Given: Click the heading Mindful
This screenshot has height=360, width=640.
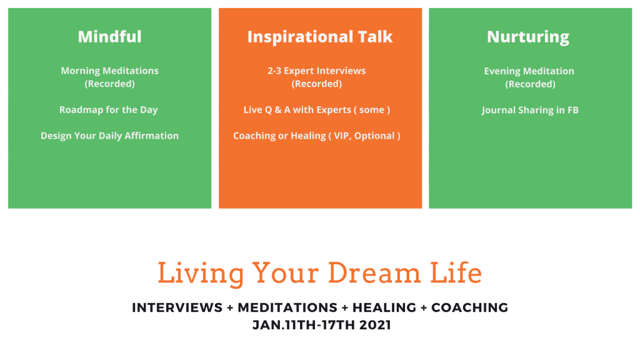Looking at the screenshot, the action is (x=110, y=37).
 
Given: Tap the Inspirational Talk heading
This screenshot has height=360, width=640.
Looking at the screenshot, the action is (x=320, y=37).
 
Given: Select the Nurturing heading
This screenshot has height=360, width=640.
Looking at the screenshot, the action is (x=528, y=37).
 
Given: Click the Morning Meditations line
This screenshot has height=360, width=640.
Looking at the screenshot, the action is (x=110, y=71).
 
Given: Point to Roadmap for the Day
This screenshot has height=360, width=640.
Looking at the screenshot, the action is (x=109, y=110).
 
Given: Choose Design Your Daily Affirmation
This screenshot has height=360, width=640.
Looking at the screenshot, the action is (x=110, y=136).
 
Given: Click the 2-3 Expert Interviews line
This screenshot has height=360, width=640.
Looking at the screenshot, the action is (x=317, y=71).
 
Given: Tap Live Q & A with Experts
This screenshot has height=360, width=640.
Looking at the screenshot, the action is (x=297, y=110).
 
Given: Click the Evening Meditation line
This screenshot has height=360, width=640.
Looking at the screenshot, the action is (x=529, y=71).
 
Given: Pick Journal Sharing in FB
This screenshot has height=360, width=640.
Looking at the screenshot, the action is (x=530, y=110).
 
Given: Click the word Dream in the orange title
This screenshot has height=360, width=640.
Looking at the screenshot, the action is (x=374, y=273).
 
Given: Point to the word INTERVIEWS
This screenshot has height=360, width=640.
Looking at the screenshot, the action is (x=177, y=307).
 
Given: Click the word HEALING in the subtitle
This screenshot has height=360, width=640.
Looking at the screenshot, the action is (x=384, y=307).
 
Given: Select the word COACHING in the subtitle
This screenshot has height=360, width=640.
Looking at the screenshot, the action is (x=470, y=307).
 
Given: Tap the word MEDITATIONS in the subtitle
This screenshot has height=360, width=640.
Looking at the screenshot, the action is (x=287, y=307).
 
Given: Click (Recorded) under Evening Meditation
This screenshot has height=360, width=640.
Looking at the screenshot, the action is (x=530, y=84).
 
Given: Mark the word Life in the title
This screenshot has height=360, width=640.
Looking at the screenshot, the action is (x=456, y=273).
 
